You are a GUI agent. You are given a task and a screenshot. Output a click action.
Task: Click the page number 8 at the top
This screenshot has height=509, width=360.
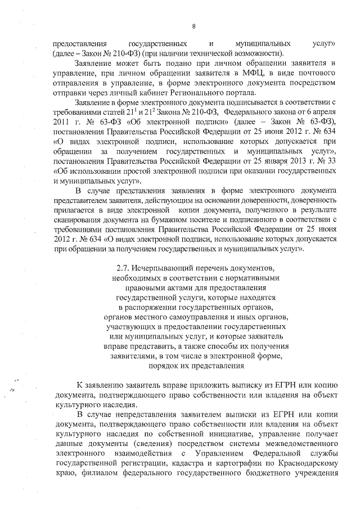193,26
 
